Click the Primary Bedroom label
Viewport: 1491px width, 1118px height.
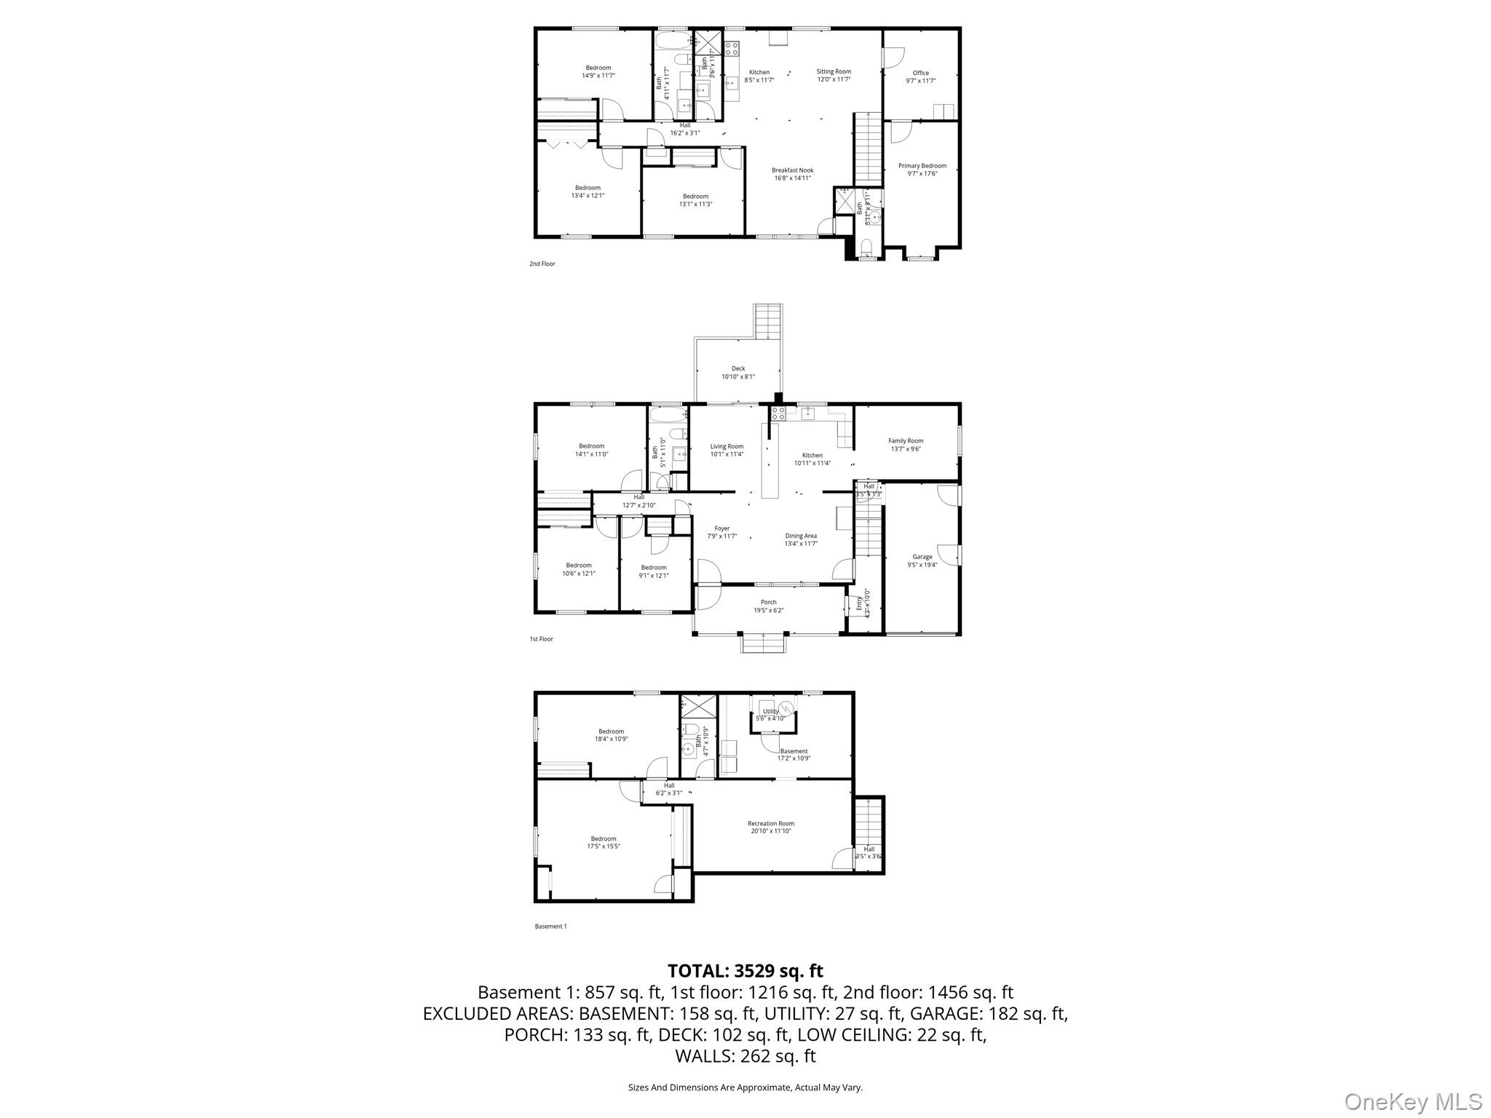(922, 166)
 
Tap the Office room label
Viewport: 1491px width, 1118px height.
(920, 73)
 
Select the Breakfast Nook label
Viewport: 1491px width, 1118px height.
(792, 170)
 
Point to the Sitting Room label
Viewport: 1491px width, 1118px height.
(833, 71)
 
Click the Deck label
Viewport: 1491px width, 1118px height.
(737, 368)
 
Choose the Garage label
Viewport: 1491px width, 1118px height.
(922, 557)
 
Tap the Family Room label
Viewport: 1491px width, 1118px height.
(905, 440)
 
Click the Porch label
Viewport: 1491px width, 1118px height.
(768, 602)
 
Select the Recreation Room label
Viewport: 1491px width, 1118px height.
(770, 823)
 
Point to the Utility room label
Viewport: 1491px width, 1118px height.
(770, 711)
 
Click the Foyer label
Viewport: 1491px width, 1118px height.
(721, 528)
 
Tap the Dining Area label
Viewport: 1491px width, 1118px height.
(800, 536)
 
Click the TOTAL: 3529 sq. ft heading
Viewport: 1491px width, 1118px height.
(745, 970)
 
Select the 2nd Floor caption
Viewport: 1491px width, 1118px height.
(542, 263)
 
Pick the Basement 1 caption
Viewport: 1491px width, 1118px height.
(550, 926)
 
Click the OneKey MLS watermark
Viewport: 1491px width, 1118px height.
(1412, 1101)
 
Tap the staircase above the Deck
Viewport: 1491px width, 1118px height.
(768, 322)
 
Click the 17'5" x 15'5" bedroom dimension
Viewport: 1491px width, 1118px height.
(603, 847)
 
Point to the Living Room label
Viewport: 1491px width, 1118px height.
(727, 446)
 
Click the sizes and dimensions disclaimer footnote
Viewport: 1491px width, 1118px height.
(745, 1087)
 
